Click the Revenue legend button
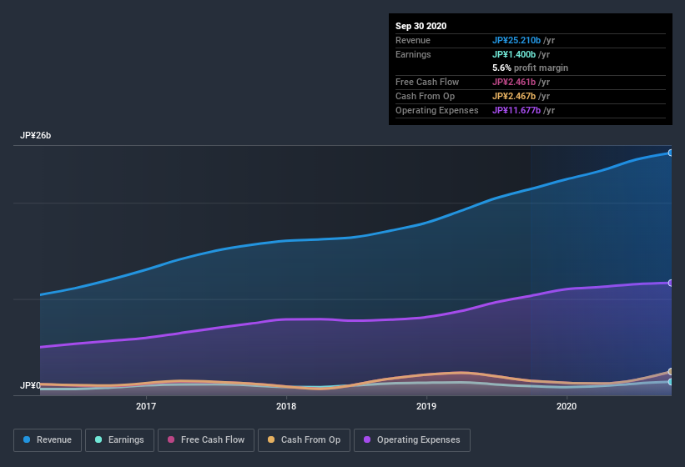pyautogui.click(x=48, y=439)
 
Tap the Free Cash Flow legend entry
pyautogui.click(x=206, y=439)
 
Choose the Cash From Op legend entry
pyautogui.click(x=303, y=439)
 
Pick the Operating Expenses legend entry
pyautogui.click(x=411, y=439)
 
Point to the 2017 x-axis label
pyautogui.click(x=146, y=406)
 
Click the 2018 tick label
pyautogui.click(x=286, y=406)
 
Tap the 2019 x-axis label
pyautogui.click(x=426, y=406)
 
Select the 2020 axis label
pyautogui.click(x=567, y=406)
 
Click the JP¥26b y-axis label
pyautogui.click(x=36, y=135)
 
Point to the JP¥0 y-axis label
pyautogui.click(x=30, y=385)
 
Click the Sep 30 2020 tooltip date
pyautogui.click(x=421, y=26)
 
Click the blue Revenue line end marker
pyautogui.click(x=670, y=153)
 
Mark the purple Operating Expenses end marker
pyautogui.click(x=670, y=283)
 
